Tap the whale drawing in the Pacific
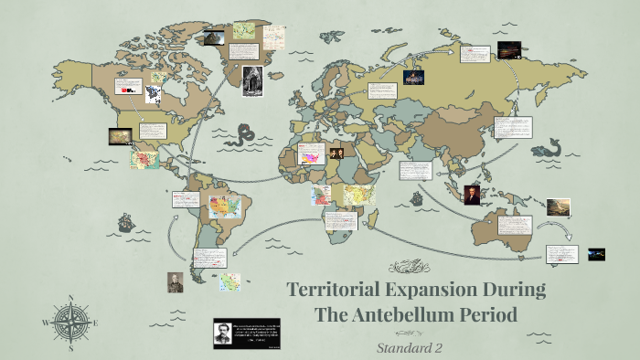click(551, 147)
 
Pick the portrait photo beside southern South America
click(176, 281)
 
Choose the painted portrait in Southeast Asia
click(472, 195)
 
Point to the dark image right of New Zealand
click(596, 254)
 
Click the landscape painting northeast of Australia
click(559, 206)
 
